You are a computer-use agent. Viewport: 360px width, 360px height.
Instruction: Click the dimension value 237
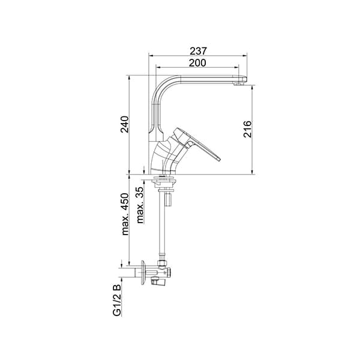[199, 51]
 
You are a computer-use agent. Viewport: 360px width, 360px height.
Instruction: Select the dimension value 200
[197, 63]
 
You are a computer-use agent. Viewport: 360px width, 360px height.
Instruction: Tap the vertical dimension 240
[125, 124]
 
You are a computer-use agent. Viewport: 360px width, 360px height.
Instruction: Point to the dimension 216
[247, 129]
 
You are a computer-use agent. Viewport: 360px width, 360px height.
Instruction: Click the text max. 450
[125, 214]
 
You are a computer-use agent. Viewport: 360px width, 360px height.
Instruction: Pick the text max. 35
[140, 205]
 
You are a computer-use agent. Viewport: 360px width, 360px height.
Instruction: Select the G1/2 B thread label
[117, 301]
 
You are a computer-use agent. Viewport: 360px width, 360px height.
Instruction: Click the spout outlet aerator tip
[239, 84]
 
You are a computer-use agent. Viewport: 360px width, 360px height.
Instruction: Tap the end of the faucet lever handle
[218, 159]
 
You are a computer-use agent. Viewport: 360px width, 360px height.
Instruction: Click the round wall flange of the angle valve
[143, 273]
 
